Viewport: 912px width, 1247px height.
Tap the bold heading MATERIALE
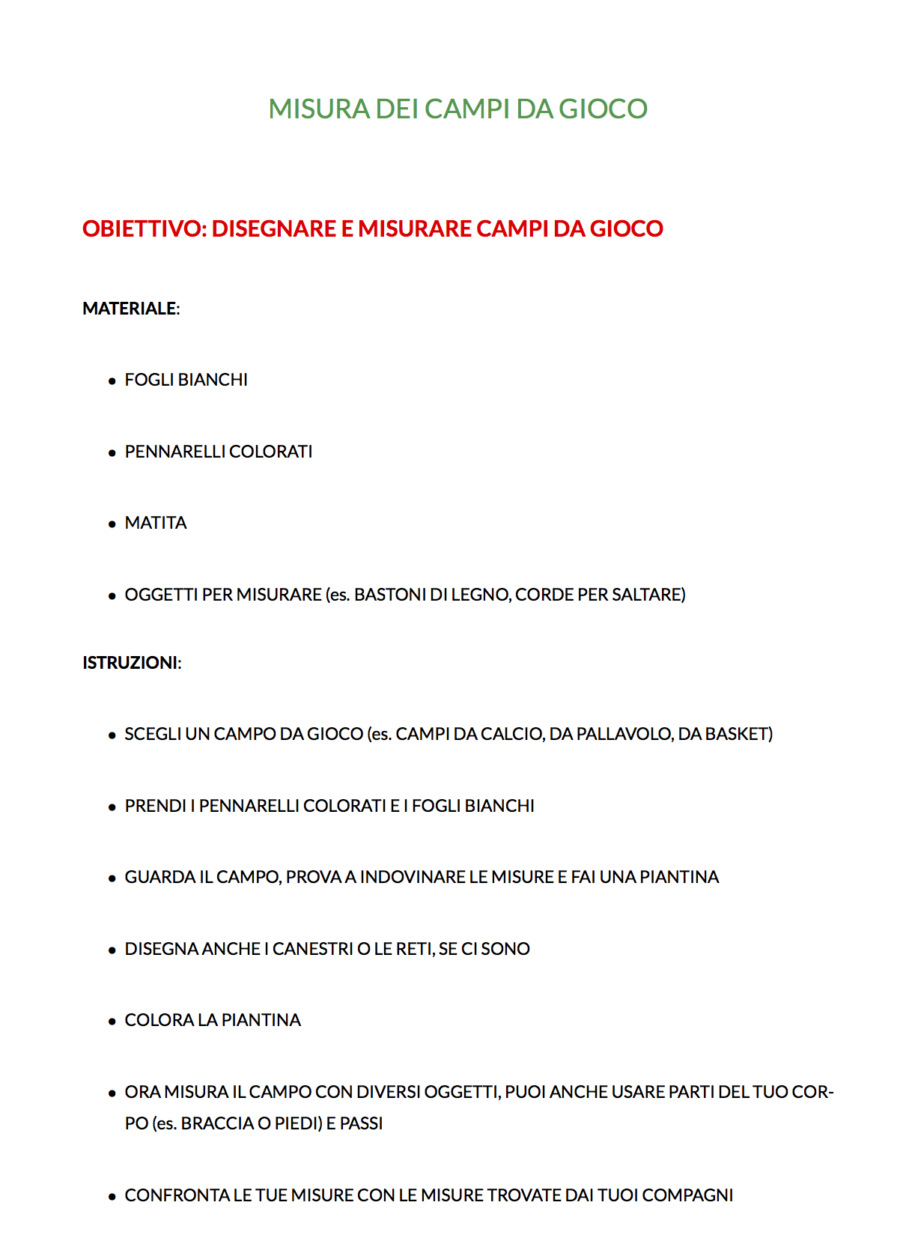point(130,309)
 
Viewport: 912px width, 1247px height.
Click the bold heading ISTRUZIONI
point(130,663)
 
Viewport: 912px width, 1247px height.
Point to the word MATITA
point(156,523)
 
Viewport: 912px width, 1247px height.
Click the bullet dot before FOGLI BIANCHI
point(112,381)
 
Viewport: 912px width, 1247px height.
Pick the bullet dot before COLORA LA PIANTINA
point(112,1021)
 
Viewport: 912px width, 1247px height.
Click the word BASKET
point(738,734)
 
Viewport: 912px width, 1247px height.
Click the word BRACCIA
point(217,1123)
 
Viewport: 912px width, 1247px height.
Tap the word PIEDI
point(297,1123)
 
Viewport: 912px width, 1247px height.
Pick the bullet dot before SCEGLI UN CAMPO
point(112,735)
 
